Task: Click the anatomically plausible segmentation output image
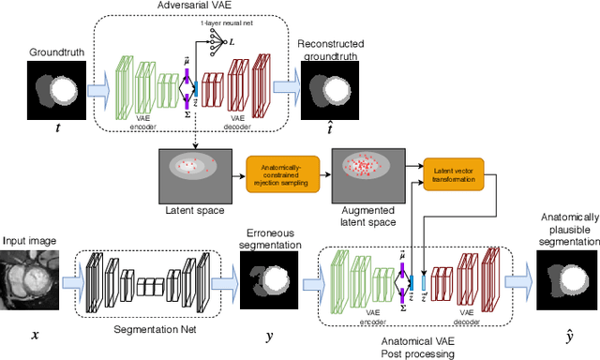tap(566, 280)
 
